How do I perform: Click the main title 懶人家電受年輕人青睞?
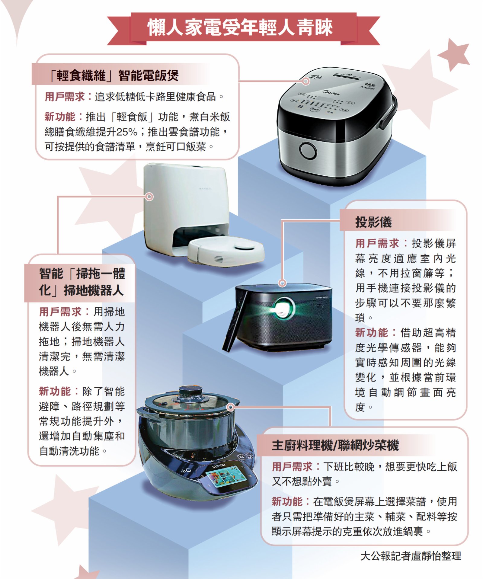240,27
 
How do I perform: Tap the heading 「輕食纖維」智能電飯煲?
114,75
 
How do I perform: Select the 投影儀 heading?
373,222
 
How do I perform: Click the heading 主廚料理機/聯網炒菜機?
335,445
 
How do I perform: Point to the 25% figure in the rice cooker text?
127,132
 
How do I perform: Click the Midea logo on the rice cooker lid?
331,92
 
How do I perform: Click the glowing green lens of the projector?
283,308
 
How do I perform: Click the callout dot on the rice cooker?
306,81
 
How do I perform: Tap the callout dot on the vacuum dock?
149,197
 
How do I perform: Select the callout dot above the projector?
282,283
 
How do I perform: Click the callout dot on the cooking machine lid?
230,408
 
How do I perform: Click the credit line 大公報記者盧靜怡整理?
411,556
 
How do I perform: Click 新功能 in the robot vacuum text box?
55,391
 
